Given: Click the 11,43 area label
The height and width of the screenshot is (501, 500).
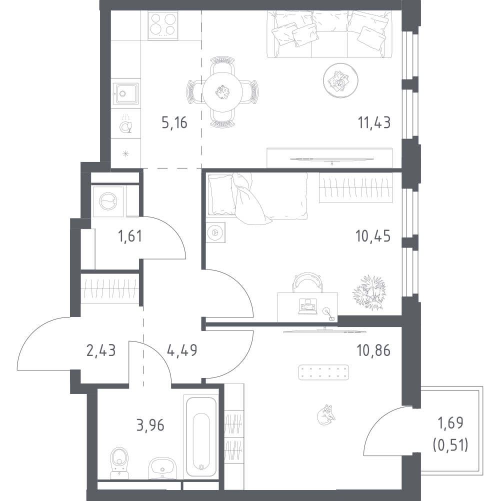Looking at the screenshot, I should [373, 122].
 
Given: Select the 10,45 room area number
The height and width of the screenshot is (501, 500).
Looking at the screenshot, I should [373, 235].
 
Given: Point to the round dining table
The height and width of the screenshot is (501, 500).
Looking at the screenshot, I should [222, 91].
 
